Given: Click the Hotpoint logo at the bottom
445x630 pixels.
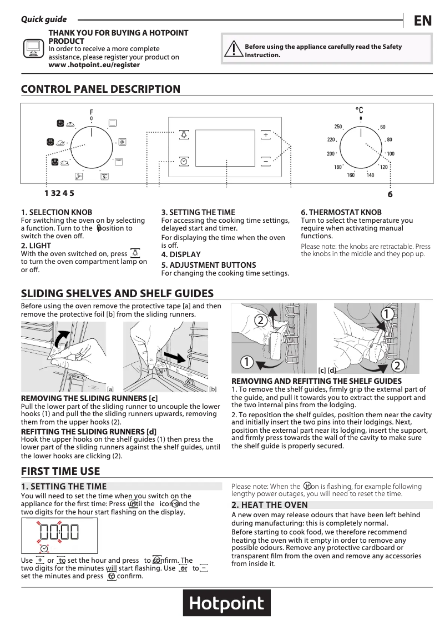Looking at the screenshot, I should click(226, 603).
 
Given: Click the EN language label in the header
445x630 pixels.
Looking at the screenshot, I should click(422, 21).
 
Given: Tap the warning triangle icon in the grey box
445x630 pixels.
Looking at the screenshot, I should click(231, 51).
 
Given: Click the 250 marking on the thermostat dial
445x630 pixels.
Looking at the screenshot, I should click(338, 127).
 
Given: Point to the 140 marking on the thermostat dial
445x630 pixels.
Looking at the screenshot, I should click(370, 176).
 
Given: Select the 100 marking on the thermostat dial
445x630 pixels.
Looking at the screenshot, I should click(391, 154).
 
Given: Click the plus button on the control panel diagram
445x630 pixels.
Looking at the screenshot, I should click(266, 135).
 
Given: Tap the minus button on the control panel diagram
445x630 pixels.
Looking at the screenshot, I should click(266, 161).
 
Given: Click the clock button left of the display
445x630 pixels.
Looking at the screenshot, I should click(184, 161).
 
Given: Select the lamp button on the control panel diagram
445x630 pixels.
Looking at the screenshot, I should click(184, 135).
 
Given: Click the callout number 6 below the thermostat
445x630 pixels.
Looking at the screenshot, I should click(390, 194).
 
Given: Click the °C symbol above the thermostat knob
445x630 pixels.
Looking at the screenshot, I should click(360, 111).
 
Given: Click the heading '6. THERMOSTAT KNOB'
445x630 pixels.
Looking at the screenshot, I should click(341, 212).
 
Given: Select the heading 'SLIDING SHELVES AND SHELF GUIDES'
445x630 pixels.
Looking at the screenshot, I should click(117, 293).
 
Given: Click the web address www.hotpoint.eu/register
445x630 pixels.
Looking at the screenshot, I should click(94, 65).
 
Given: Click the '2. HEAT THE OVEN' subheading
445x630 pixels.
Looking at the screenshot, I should click(270, 505).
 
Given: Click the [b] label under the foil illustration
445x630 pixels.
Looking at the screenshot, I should click(213, 389).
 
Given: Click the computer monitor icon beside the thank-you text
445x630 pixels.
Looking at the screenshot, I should click(33, 49).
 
